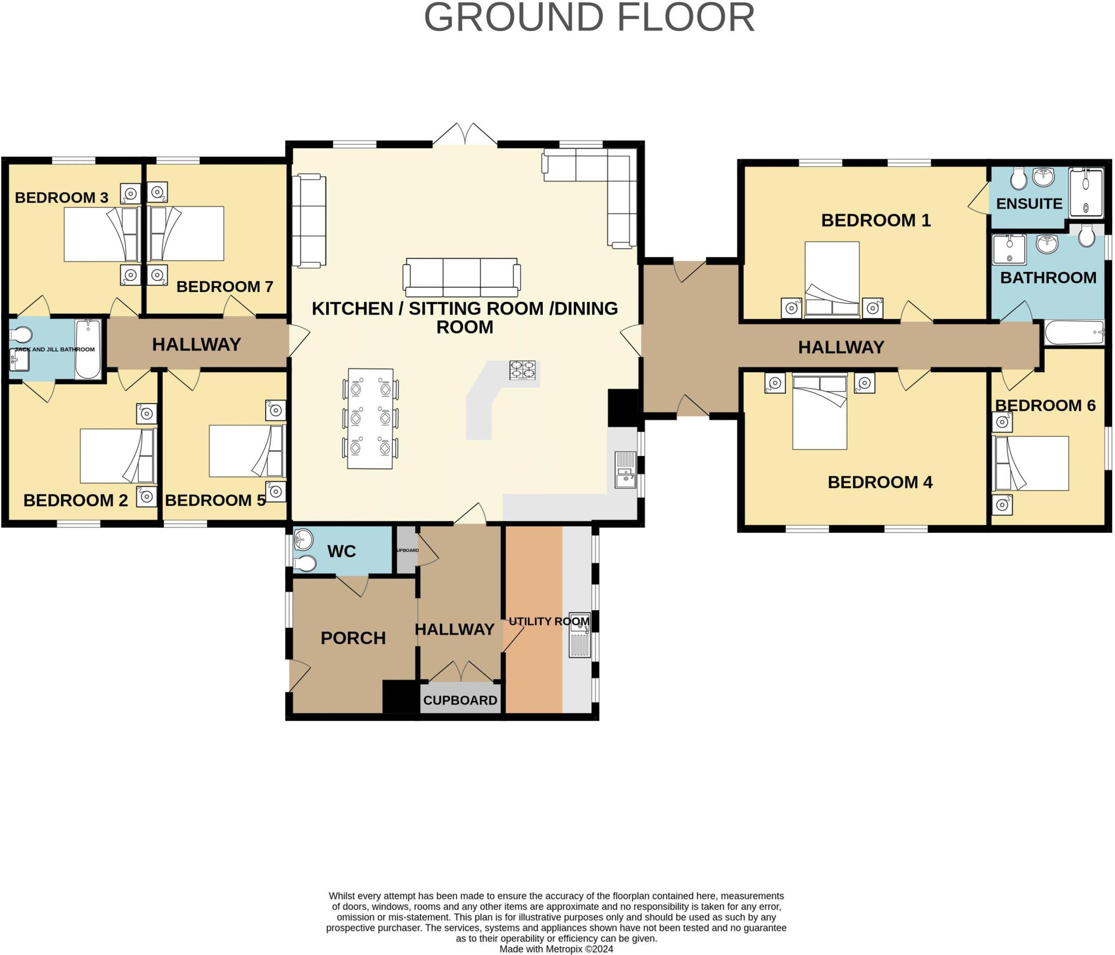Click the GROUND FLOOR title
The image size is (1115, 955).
pyautogui.click(x=589, y=19)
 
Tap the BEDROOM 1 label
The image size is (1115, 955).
pyautogui.click(x=875, y=221)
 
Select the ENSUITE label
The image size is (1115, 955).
pyautogui.click(x=1029, y=204)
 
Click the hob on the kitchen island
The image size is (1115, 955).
pyautogui.click(x=522, y=370)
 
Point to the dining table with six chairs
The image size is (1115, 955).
pyautogui.click(x=370, y=418)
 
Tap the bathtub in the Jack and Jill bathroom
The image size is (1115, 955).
pyautogui.click(x=88, y=349)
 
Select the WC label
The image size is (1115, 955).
pyautogui.click(x=341, y=551)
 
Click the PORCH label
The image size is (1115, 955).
pyautogui.click(x=353, y=638)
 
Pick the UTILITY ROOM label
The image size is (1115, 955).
pyautogui.click(x=549, y=621)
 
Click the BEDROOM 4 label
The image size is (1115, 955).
pyautogui.click(x=880, y=482)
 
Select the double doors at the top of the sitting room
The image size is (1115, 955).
pyautogui.click(x=465, y=135)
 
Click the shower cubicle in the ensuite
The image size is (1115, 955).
pyautogui.click(x=1086, y=193)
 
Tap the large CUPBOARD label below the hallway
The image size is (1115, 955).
pyautogui.click(x=460, y=701)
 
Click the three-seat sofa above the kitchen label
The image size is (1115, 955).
pyautogui.click(x=462, y=277)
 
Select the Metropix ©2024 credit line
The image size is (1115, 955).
pyautogui.click(x=556, y=948)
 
